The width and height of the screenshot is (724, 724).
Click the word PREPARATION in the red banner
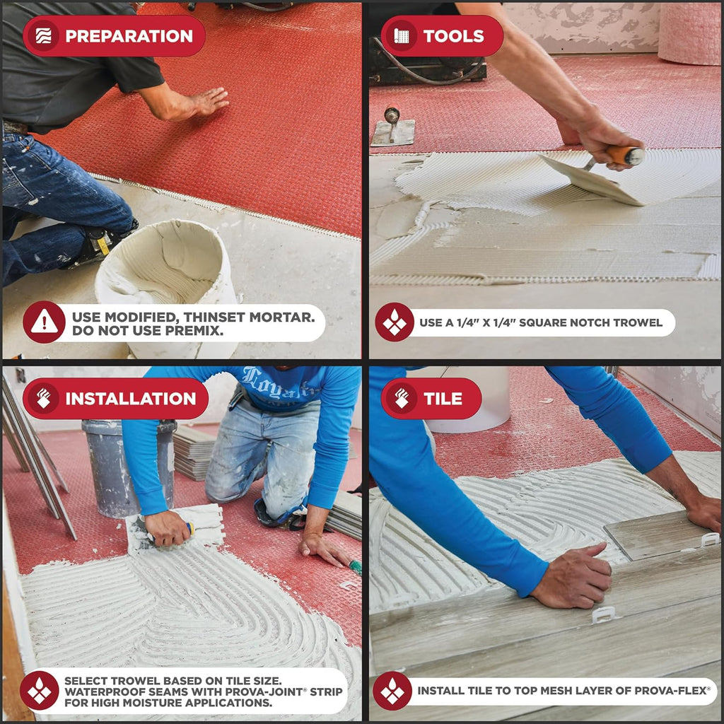(x=129, y=36)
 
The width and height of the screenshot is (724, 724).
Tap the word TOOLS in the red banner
(x=453, y=36)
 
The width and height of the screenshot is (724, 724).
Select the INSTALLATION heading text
(x=131, y=399)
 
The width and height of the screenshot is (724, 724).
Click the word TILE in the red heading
(x=443, y=399)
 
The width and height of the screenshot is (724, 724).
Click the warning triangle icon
(x=45, y=322)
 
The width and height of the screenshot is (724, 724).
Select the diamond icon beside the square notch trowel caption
(x=395, y=322)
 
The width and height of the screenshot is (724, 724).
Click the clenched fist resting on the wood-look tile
(x=573, y=577)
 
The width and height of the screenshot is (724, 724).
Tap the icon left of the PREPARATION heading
(x=43, y=36)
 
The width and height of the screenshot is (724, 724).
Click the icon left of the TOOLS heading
(x=402, y=36)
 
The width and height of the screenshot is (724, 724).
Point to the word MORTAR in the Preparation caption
(x=281, y=317)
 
